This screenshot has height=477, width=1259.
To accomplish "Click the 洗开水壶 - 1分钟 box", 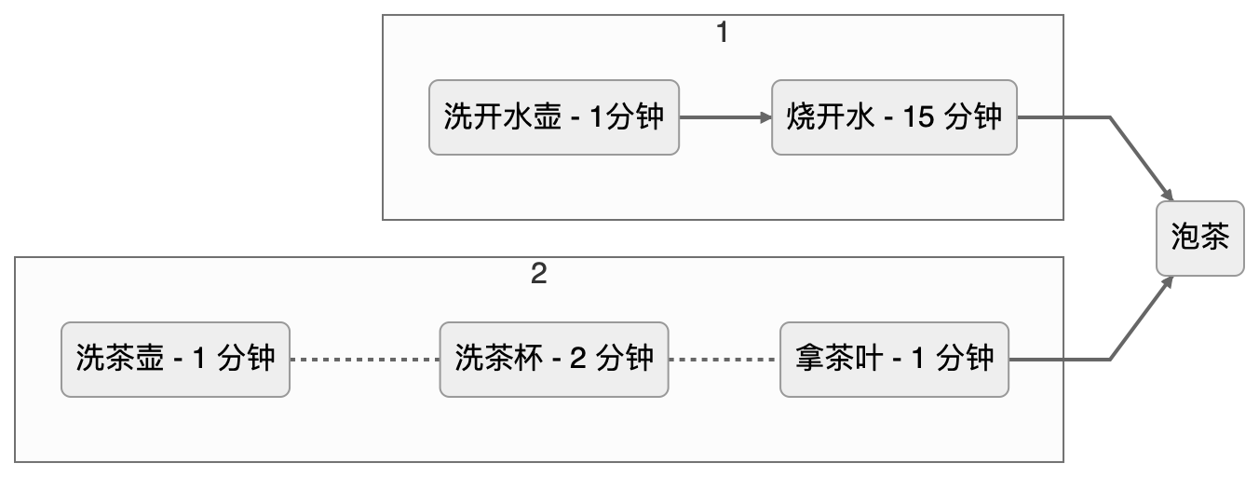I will point(553,117).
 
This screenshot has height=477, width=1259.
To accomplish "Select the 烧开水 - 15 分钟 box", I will point(894,117).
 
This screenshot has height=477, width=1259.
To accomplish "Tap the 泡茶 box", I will point(1199,238).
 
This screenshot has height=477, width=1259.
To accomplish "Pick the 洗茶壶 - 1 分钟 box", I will point(175,359).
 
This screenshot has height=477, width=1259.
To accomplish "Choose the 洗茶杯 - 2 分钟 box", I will point(553,359).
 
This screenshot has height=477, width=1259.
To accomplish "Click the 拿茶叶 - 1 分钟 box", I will point(894,359).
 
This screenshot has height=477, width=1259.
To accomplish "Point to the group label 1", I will point(722,33).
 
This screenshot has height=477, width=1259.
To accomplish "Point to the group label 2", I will point(537,275).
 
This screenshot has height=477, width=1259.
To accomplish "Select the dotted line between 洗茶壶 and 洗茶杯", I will point(364,360).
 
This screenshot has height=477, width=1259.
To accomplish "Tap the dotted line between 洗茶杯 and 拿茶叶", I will point(724,360).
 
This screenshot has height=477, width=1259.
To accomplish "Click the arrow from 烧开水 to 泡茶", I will point(1108,117).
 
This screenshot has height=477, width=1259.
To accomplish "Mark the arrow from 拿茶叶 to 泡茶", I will point(1108,359).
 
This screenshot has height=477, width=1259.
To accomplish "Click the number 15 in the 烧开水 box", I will point(917,118).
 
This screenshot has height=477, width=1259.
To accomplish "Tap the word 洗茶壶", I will point(120,359).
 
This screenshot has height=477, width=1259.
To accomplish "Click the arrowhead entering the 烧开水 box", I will point(766,117).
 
